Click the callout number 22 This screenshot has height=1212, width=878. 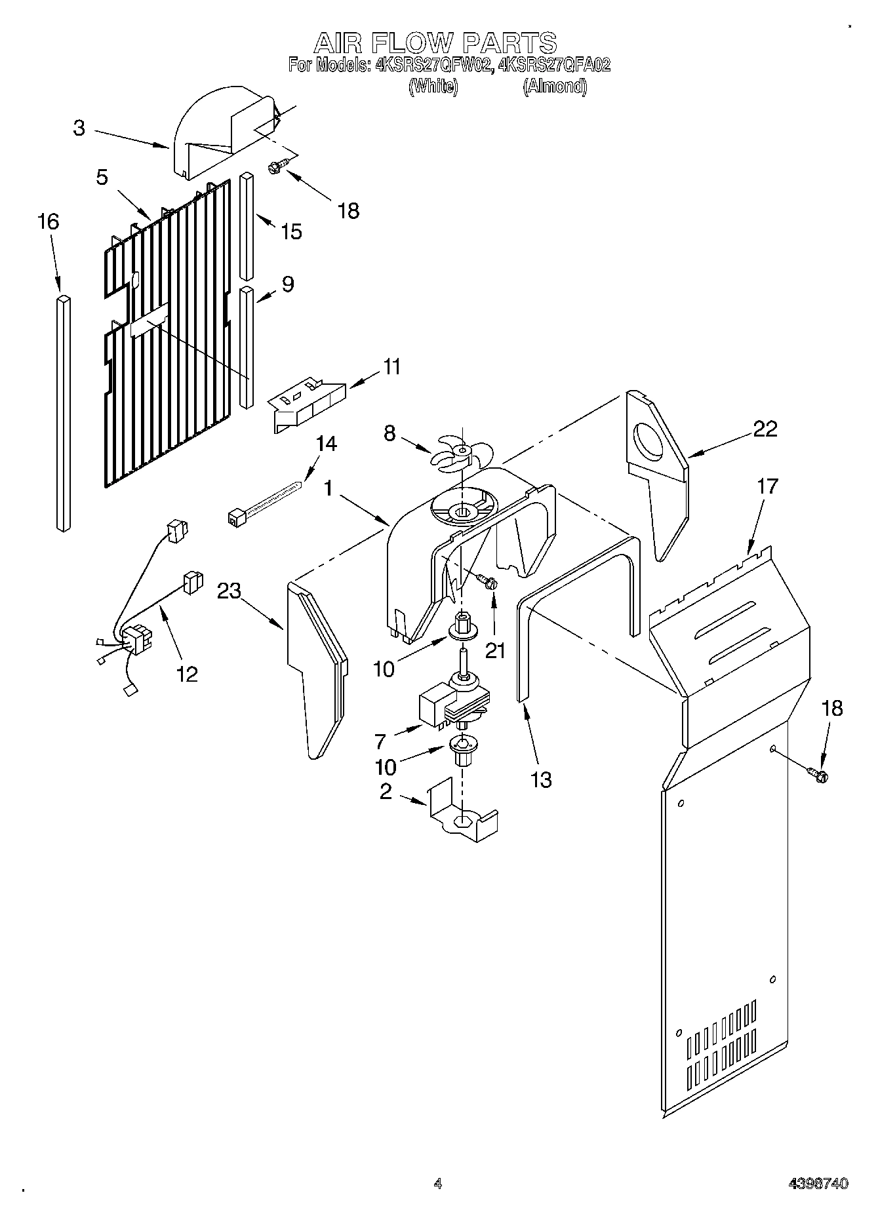pyautogui.click(x=765, y=429)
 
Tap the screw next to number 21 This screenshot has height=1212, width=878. pyautogui.click(x=486, y=580)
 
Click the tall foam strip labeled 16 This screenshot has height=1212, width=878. pyautogui.click(x=63, y=413)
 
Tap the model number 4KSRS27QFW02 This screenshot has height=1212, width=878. pyautogui.click(x=432, y=66)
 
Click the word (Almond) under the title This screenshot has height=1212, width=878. pyautogui.click(x=554, y=87)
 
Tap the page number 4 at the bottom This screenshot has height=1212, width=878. pyautogui.click(x=438, y=1184)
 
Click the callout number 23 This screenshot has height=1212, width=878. pyautogui.click(x=229, y=591)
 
